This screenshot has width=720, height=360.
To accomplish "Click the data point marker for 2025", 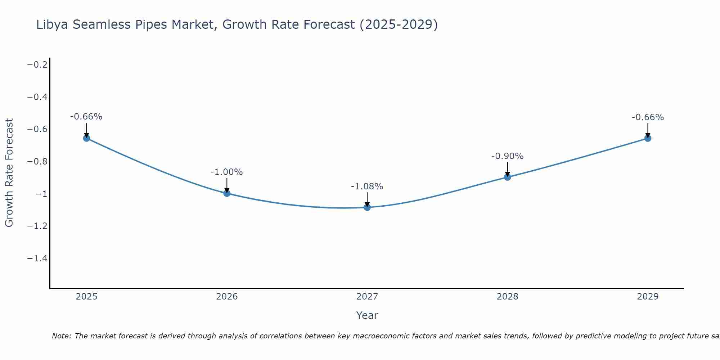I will pyautogui.click(x=86, y=138).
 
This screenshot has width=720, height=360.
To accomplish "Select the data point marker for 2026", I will pyautogui.click(x=227, y=193).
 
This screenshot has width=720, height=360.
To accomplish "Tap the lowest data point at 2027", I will pyautogui.click(x=367, y=207).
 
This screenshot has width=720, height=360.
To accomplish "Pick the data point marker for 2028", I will pyautogui.click(x=507, y=177).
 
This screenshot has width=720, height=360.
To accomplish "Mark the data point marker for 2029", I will pyautogui.click(x=648, y=138).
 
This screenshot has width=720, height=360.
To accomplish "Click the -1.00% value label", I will pyautogui.click(x=226, y=172).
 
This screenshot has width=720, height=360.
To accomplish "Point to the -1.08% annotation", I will pyautogui.click(x=367, y=186).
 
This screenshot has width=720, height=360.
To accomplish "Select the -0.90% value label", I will pyautogui.click(x=507, y=156).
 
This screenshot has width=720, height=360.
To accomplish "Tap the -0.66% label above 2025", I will pyautogui.click(x=86, y=117).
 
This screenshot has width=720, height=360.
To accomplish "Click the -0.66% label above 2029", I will pyautogui.click(x=648, y=117).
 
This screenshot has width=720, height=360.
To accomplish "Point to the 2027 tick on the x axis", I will pyautogui.click(x=367, y=297).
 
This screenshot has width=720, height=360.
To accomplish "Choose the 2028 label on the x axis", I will pyautogui.click(x=507, y=297).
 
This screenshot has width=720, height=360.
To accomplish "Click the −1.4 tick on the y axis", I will pyautogui.click(x=37, y=258).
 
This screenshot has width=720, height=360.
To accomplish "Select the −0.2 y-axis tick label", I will pyautogui.click(x=37, y=65).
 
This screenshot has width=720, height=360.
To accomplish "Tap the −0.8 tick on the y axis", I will pyautogui.click(x=37, y=162).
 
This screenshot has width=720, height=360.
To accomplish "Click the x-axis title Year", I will pyautogui.click(x=367, y=315).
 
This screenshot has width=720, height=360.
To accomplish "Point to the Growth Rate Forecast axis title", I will pyautogui.click(x=9, y=173).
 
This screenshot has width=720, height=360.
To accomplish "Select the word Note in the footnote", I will pyautogui.click(x=62, y=336).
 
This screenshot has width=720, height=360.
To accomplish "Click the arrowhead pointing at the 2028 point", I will pyautogui.click(x=507, y=174).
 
